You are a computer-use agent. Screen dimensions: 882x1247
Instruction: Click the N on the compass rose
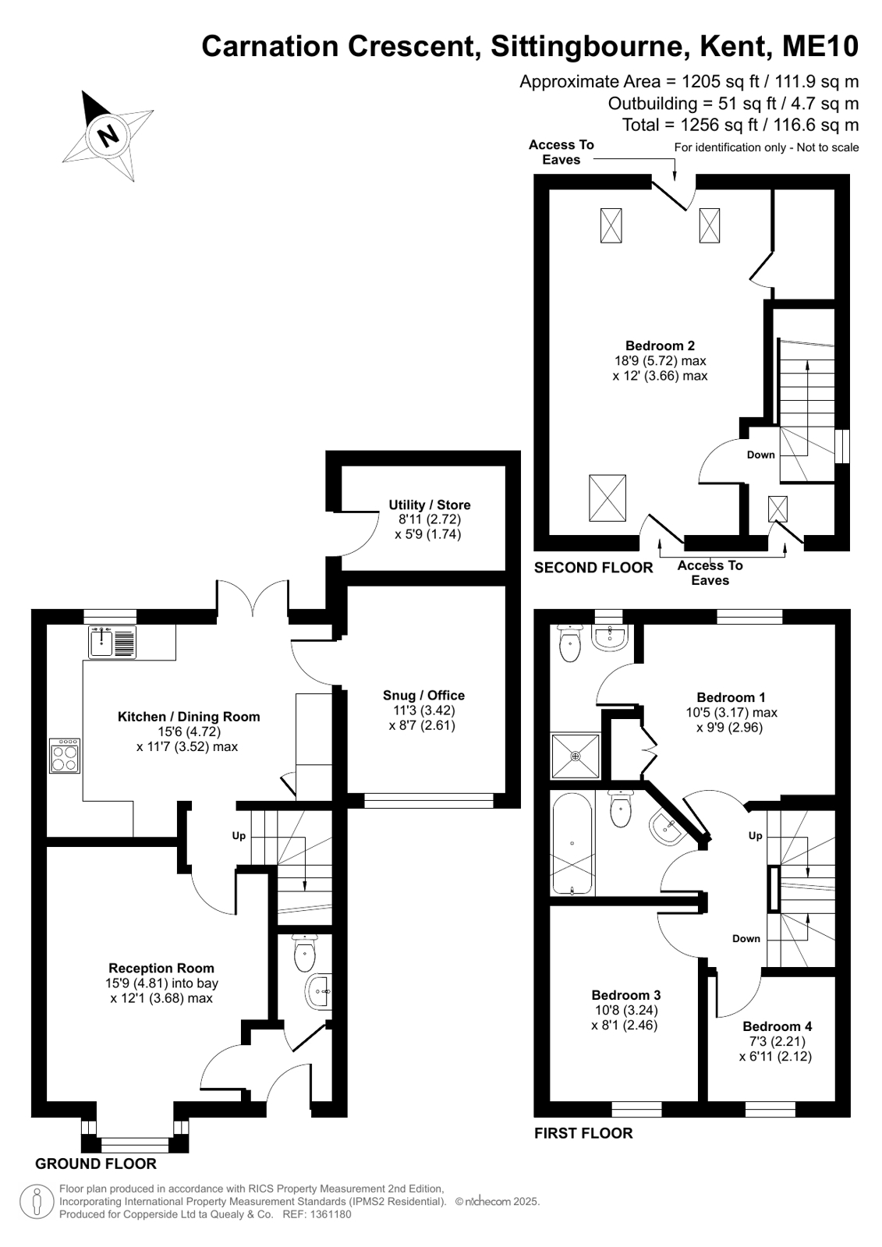click(107, 135)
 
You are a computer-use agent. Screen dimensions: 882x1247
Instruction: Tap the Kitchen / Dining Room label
click(189, 717)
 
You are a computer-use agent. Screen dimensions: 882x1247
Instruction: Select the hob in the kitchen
click(65, 756)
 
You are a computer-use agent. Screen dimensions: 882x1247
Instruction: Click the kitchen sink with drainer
click(112, 642)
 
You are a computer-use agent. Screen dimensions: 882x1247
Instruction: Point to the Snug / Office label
click(423, 696)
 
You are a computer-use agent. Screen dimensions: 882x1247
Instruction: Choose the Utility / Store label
click(430, 505)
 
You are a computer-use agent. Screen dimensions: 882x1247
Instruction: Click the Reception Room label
click(161, 968)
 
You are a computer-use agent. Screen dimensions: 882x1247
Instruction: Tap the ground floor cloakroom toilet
click(305, 952)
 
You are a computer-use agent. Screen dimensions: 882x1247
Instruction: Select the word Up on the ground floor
click(239, 835)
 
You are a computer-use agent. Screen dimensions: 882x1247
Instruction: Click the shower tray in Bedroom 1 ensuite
click(576, 756)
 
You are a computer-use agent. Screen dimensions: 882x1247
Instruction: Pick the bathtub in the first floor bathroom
click(572, 844)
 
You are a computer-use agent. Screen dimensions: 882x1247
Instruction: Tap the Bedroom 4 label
click(778, 1026)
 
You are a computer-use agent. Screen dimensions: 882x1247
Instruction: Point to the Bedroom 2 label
click(660, 345)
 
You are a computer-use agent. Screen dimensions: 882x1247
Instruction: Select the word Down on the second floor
click(760, 455)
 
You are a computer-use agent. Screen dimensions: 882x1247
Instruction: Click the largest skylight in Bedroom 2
click(607, 498)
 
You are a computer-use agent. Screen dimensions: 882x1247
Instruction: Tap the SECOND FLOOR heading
click(593, 568)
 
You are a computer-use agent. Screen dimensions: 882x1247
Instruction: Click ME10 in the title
click(820, 46)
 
